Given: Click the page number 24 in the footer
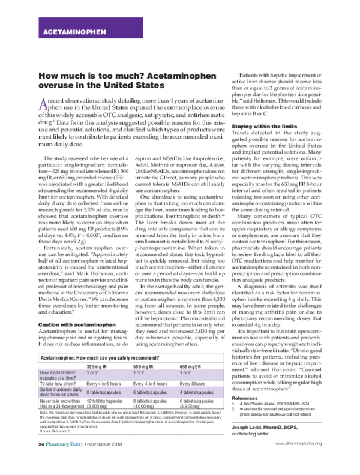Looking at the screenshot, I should click(41, 460).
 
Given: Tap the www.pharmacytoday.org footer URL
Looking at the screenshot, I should click(298, 460).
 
